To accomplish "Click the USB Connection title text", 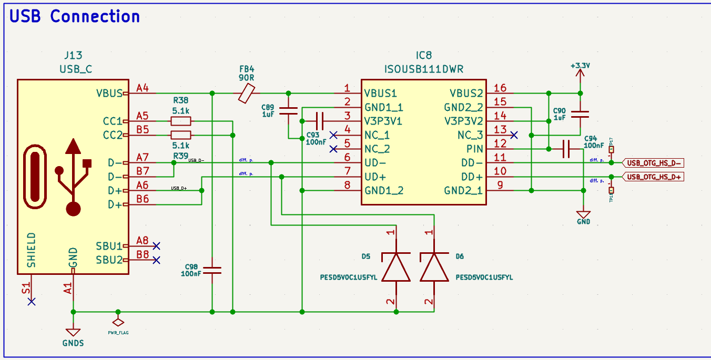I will coord(75,16).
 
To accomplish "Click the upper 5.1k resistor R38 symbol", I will coord(180,121).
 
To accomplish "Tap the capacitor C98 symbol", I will coord(212,271).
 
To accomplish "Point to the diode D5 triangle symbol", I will coord(395,268).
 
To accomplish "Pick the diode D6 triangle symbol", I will coord(434,268).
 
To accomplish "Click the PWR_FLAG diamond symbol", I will coord(118,322).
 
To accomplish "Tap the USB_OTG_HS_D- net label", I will coord(654,163).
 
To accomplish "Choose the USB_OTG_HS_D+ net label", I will coord(654,177).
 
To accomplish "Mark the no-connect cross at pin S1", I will coord(32,302).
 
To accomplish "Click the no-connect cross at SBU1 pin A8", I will coord(156,245).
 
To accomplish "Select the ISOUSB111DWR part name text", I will coord(424,69).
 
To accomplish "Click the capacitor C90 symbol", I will coord(580,115).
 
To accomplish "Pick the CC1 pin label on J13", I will coord(112,121).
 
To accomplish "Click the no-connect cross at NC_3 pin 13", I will coord(514,135).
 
